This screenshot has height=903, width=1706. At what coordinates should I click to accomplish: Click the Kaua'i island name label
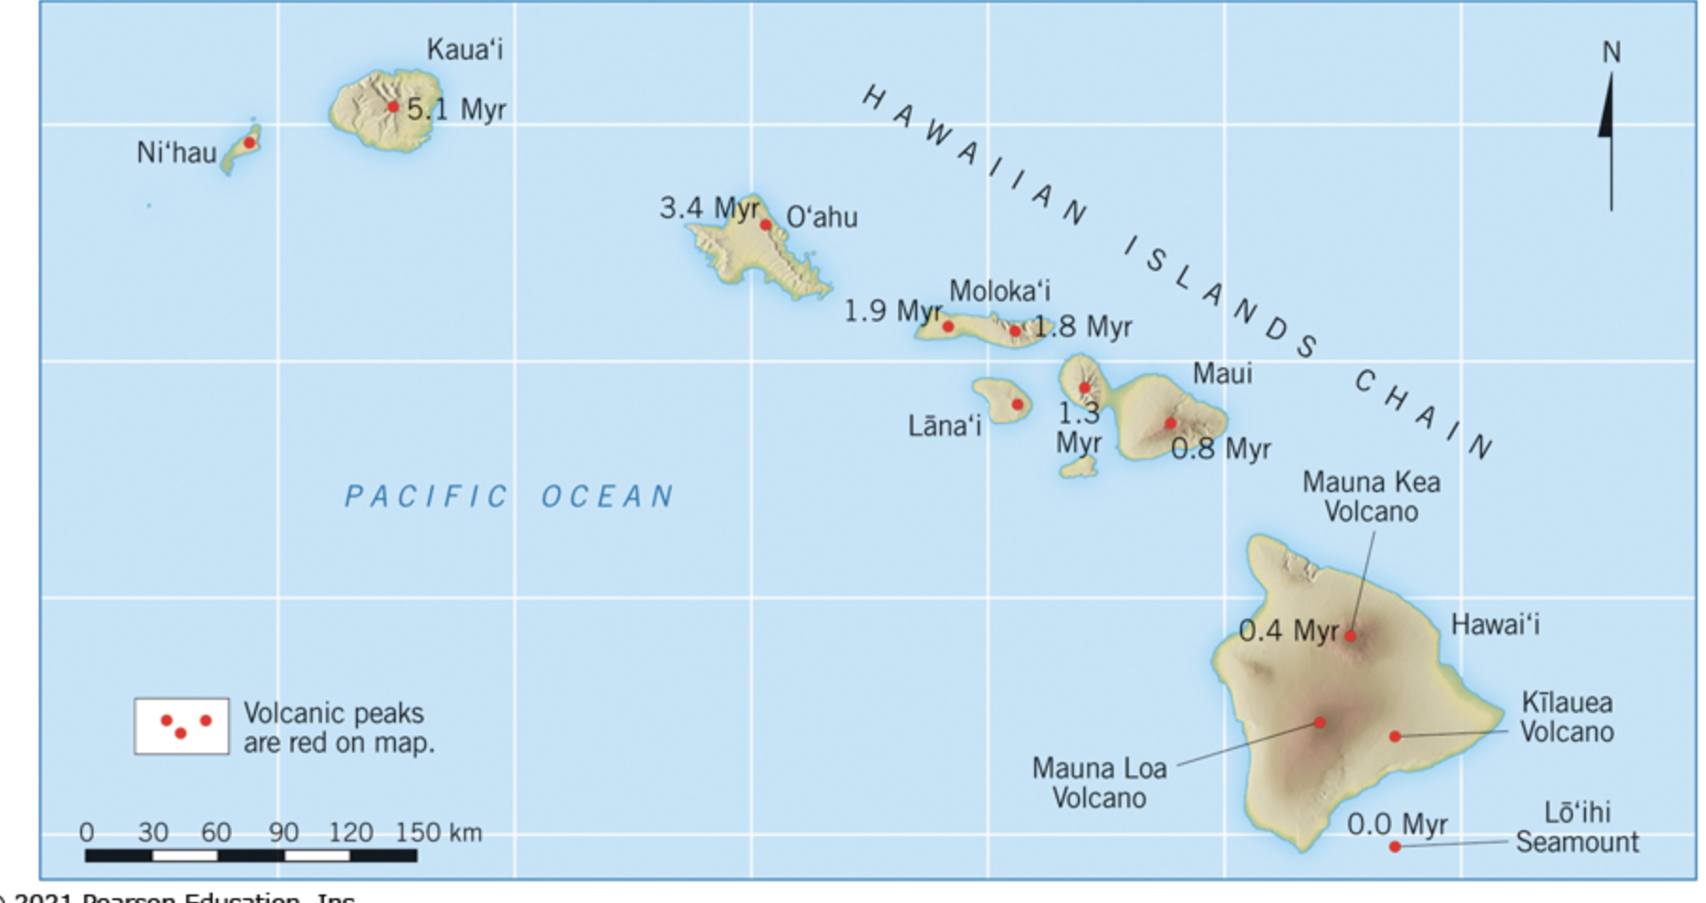point(464,49)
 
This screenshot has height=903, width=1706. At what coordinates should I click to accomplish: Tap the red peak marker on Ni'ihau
point(249,143)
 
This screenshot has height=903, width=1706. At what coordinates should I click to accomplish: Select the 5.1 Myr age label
point(456,110)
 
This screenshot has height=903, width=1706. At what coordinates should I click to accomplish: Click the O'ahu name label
point(822,217)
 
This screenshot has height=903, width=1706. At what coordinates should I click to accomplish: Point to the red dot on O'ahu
point(765,225)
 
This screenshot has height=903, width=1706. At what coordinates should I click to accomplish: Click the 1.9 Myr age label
point(892,311)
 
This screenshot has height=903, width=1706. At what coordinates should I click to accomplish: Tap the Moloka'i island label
point(999,291)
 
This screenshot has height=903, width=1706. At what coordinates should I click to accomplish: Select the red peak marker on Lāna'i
point(1017,404)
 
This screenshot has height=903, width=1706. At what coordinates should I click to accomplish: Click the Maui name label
point(1221,373)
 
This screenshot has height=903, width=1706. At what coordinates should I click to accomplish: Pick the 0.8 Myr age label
point(1220,449)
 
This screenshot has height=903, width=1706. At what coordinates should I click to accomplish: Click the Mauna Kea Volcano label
point(1371,497)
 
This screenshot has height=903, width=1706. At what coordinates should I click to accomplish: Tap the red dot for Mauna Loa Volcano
point(1320,723)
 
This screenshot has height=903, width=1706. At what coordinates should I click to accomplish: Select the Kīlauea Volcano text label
point(1566,717)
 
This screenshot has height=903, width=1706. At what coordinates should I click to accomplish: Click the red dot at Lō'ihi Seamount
point(1394,846)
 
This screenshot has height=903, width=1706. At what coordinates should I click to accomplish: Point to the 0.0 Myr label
point(1396,824)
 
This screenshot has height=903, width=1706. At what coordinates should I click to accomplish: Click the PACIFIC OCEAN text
point(509,496)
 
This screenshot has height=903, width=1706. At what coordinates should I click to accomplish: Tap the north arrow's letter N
point(1611,53)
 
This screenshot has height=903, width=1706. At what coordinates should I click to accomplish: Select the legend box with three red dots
point(181,725)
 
